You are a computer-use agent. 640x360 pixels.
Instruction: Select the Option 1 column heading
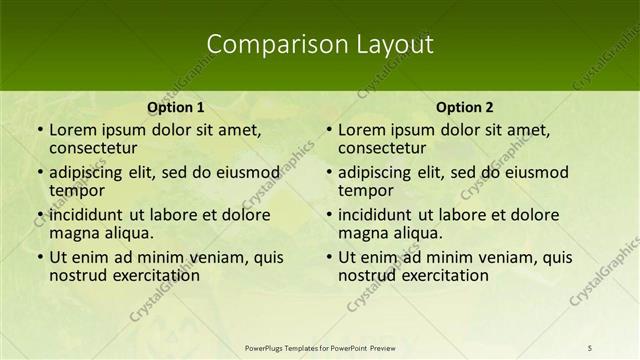[x=175, y=108]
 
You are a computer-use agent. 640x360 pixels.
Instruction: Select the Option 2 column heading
[x=464, y=108]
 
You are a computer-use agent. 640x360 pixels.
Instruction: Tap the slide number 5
[x=591, y=347]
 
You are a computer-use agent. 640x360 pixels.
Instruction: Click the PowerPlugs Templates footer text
[x=320, y=347]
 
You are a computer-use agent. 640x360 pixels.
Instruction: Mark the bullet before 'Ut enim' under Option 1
[x=39, y=258]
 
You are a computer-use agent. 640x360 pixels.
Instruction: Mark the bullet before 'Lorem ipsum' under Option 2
[x=328, y=130]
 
